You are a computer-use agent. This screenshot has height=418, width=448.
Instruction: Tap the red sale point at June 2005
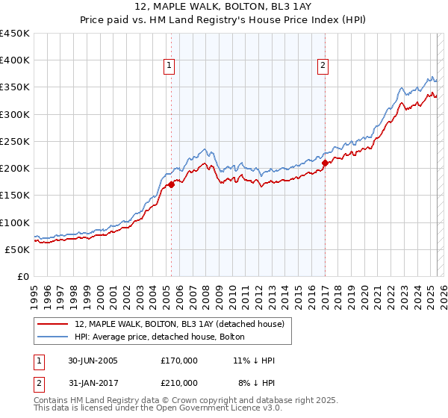(171, 184)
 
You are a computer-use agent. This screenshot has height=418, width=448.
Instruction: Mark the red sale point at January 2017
(325, 163)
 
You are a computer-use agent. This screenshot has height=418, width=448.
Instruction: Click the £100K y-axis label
(15, 222)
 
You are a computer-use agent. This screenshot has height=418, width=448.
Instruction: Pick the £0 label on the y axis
(22, 276)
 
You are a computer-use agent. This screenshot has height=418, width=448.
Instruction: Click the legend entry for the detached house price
(179, 324)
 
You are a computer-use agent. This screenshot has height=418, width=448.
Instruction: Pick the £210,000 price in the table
(179, 382)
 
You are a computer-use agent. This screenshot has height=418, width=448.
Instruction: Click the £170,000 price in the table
(179, 361)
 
